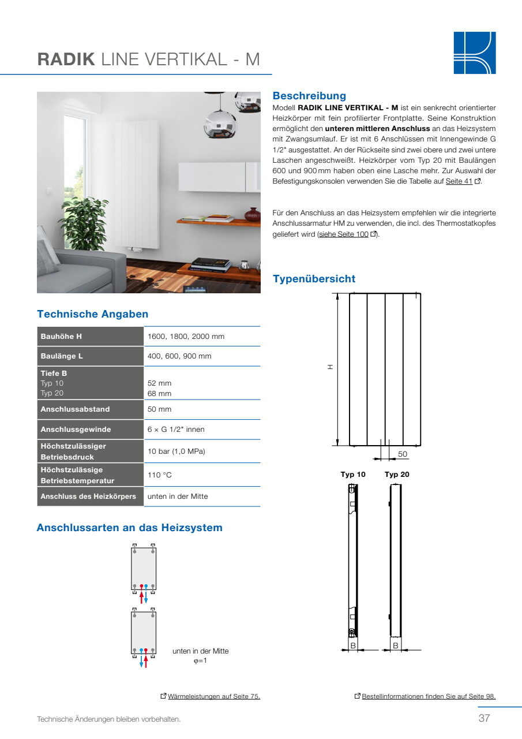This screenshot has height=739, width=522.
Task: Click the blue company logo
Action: pyautogui.click(x=474, y=53)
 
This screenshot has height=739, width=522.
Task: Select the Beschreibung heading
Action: pyautogui.click(x=309, y=96)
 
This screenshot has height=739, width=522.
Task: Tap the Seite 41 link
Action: pyautogui.click(x=459, y=181)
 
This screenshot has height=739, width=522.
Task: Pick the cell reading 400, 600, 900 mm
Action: pyautogui.click(x=179, y=356)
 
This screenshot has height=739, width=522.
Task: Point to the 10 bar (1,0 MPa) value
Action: pyautogui.click(x=176, y=451)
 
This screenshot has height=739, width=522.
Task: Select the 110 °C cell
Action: pyautogui.click(x=160, y=475)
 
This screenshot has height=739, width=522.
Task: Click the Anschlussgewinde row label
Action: pyautogui.click(x=76, y=430)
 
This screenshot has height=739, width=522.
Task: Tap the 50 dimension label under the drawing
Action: pyautogui.click(x=403, y=454)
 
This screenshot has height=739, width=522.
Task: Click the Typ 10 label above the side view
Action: pyautogui.click(x=353, y=475)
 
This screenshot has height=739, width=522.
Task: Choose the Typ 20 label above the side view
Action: pyautogui.click(x=397, y=475)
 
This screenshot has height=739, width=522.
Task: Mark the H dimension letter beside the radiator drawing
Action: pyautogui.click(x=331, y=367)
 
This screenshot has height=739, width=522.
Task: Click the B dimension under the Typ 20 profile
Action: pyautogui.click(x=396, y=645)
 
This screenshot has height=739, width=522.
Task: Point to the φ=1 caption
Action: pyautogui.click(x=200, y=660)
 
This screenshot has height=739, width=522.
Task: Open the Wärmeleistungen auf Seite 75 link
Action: pyautogui.click(x=214, y=696)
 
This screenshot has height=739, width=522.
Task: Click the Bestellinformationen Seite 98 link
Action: pyautogui.click(x=429, y=696)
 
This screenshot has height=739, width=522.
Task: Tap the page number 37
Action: pyautogui.click(x=484, y=719)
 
